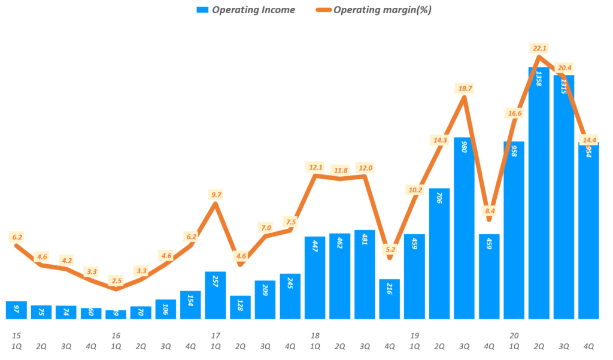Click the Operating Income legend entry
pyautogui.click(x=245, y=10)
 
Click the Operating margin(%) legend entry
pyautogui.click(x=374, y=10)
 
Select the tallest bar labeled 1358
pyautogui.click(x=539, y=192)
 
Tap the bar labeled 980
pyautogui.click(x=464, y=228)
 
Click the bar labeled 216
pyautogui.click(x=389, y=298)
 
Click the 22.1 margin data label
pyautogui.click(x=539, y=48)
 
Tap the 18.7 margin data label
pyautogui.click(x=465, y=88)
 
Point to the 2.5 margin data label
pyautogui.click(x=116, y=281)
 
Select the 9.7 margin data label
pyautogui.click(x=216, y=195)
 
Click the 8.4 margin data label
pyautogui.click(x=490, y=210)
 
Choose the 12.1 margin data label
pyautogui.click(x=315, y=167)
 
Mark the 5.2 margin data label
pyautogui.click(x=390, y=249)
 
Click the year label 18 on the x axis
pyautogui.click(x=315, y=335)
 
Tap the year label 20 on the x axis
pyautogui.click(x=514, y=335)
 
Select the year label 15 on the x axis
pyautogui.click(x=16, y=335)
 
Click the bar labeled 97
pyautogui.click(x=16, y=310)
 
